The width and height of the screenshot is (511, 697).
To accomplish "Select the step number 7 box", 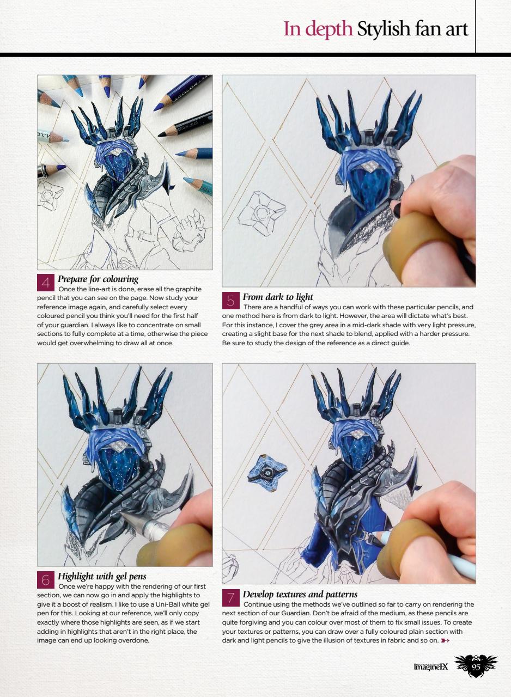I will [x=231, y=598].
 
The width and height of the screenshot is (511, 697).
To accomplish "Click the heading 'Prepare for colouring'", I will [x=98, y=279].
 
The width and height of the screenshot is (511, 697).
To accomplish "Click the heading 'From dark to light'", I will [x=278, y=297].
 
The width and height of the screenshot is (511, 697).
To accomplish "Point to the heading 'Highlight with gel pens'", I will [x=102, y=576].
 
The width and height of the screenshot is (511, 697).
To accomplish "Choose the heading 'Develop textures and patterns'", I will [x=300, y=594].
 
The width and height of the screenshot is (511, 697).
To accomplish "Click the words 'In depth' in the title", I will [x=318, y=29].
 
